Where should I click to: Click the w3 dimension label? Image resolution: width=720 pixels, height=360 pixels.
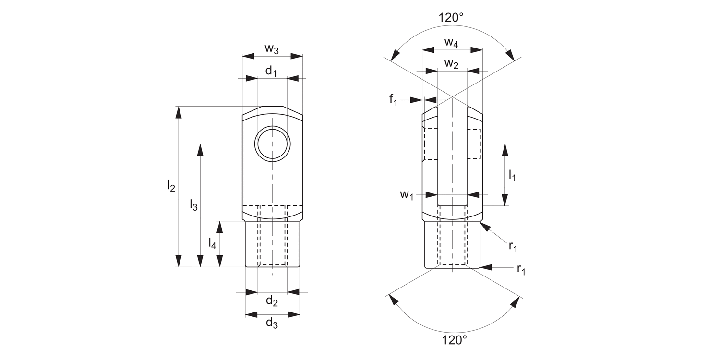pos(272,48)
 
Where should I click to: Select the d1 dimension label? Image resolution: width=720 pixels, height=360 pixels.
pos(272,72)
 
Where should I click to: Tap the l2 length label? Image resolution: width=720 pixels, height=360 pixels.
pos(171,186)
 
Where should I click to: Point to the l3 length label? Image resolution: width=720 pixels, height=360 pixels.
pos(193,205)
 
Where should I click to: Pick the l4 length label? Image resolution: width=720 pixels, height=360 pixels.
pos(212,243)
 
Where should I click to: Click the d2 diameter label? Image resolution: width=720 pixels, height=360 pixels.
pos(272,301)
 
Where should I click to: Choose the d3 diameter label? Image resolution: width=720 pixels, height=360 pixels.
pos(272,324)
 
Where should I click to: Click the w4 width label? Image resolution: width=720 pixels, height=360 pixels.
pos(451,42)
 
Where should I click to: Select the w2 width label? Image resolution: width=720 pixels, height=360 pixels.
pos(451,64)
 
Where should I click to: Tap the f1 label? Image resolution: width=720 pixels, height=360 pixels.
pos(393,100)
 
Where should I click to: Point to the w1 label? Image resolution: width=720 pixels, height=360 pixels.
pos(407,195)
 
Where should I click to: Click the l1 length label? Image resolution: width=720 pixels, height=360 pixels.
pos(512,175)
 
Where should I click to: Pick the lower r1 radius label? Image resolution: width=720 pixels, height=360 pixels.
pos(521,269)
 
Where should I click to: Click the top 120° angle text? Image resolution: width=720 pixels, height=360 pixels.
pos(451,18)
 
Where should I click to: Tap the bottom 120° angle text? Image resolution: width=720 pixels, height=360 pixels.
pos(454,340)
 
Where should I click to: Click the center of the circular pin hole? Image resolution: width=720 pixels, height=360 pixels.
pos(272,144)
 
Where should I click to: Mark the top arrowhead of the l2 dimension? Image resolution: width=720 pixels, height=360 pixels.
pos(179,112)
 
